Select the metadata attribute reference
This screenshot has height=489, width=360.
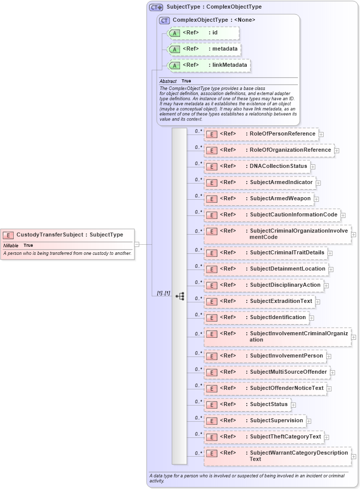[x=204, y=49]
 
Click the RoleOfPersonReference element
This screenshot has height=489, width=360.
[x=260, y=134]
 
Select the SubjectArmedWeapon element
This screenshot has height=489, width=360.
[x=258, y=199]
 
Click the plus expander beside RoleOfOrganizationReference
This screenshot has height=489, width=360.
[x=337, y=151]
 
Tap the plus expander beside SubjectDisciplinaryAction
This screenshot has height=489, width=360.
[x=327, y=286]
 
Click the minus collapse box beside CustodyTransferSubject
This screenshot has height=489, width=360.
[x=137, y=244]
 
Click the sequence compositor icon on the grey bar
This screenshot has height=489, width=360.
[x=179, y=296]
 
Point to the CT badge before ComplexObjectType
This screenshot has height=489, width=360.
[x=164, y=20]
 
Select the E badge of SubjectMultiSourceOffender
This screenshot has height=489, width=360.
[x=212, y=372]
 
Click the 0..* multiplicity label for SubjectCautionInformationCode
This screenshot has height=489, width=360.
[x=198, y=212]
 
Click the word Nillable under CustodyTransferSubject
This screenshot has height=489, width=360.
[x=11, y=245]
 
